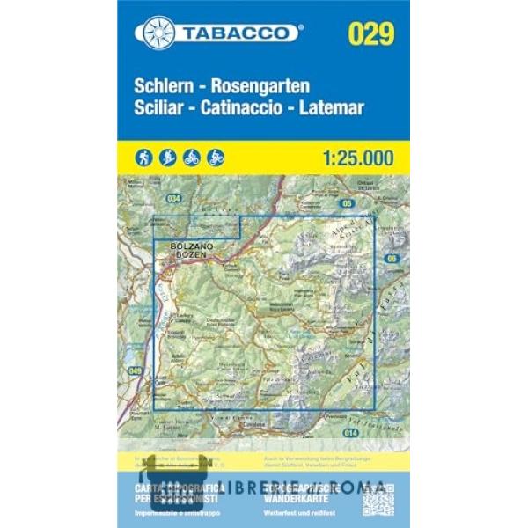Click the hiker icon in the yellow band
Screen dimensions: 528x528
pos(144,158)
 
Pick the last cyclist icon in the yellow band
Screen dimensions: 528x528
pos(216,158)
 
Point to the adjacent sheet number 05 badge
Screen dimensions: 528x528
pos(348,203)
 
